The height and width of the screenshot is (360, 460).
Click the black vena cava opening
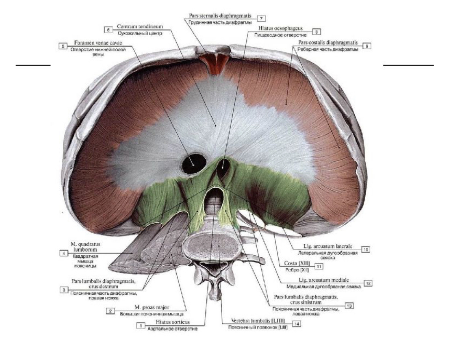[194, 163]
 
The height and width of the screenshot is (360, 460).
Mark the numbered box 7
[261, 19]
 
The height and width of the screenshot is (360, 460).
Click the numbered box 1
[141, 325]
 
